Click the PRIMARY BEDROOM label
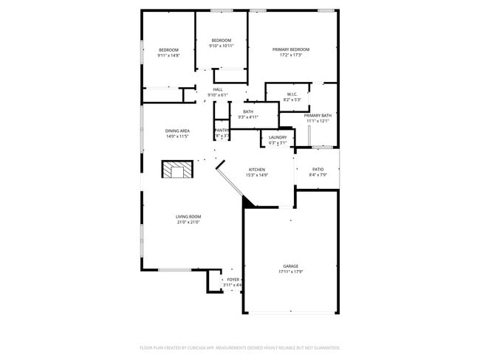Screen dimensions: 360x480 pyautogui.click(x=295, y=49)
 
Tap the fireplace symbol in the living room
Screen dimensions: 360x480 pyautogui.click(x=177, y=171)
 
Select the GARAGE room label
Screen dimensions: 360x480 pyautogui.click(x=291, y=266)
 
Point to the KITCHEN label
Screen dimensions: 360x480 pyautogui.click(x=256, y=169)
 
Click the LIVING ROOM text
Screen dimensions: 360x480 pyautogui.click(x=188, y=216)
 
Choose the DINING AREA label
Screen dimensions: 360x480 pyautogui.click(x=177, y=131)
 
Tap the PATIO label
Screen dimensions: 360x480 pyautogui.click(x=318, y=169)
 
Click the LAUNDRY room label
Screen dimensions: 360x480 pyautogui.click(x=278, y=137)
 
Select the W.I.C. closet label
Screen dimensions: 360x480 pyautogui.click(x=292, y=94)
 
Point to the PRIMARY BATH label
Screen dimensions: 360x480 pyautogui.click(x=318, y=115)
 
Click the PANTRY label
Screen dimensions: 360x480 pyautogui.click(x=222, y=130)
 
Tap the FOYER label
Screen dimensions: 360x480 pyautogui.click(x=233, y=280)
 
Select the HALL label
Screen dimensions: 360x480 pyautogui.click(x=218, y=89)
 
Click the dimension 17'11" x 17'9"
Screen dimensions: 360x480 pyautogui.click(x=291, y=271)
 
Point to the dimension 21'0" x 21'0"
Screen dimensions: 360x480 pyautogui.click(x=188, y=221)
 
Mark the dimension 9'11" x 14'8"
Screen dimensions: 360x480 pyautogui.click(x=168, y=55)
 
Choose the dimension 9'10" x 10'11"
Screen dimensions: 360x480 pyautogui.click(x=222, y=46)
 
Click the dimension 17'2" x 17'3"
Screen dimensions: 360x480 pyautogui.click(x=295, y=55)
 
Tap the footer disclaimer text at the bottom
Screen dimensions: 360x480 pyautogui.click(x=240, y=347)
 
